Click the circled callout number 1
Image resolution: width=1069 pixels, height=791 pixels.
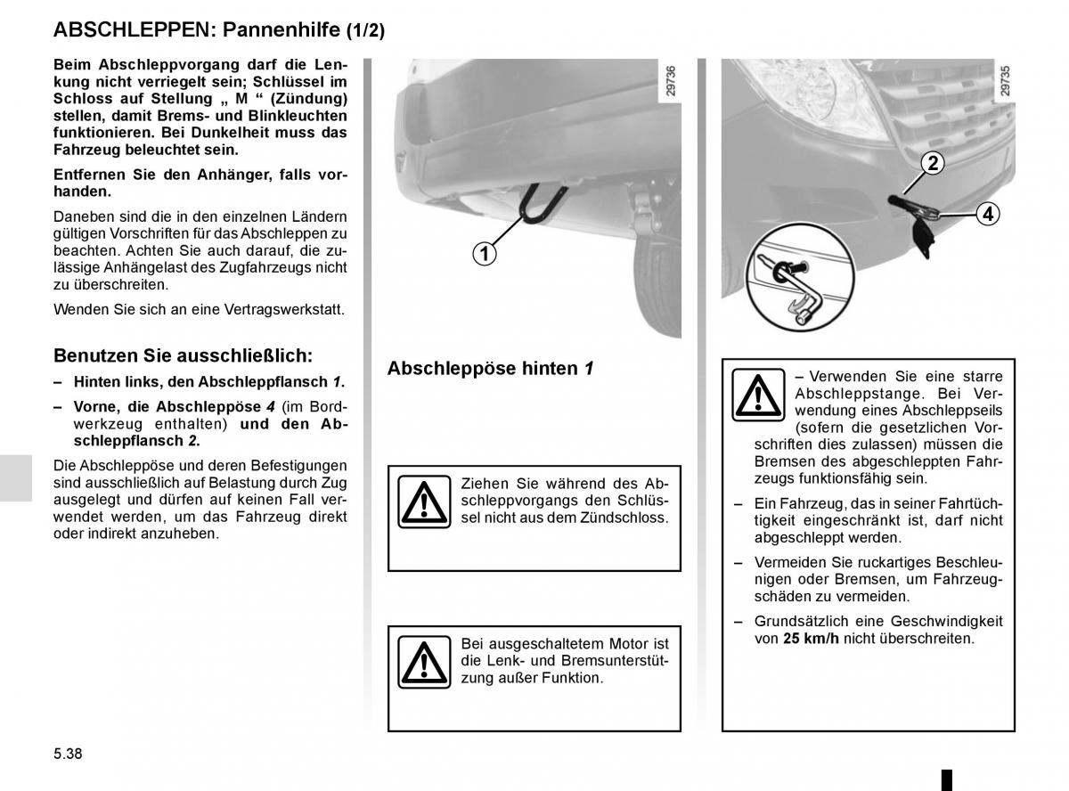(484, 254)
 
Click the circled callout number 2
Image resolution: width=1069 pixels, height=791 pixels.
(932, 163)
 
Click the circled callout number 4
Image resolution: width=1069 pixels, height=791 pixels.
(987, 214)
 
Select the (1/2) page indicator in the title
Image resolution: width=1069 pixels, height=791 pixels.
(364, 30)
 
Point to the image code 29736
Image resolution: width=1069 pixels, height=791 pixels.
(671, 80)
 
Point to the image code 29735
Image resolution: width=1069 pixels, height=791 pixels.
(1005, 80)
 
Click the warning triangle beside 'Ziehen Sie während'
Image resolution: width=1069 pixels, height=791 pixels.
(423, 501)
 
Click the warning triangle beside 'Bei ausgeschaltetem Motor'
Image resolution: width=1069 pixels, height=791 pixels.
(423, 661)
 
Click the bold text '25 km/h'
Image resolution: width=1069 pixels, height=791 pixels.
(812, 639)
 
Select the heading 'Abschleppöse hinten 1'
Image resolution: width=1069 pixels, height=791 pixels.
(490, 368)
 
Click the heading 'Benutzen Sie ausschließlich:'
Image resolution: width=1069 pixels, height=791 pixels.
(183, 355)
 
